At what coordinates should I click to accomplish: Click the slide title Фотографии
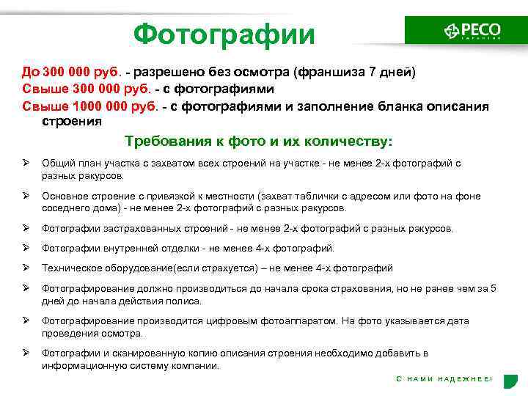(224, 34)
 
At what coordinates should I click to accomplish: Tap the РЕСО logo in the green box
(472, 31)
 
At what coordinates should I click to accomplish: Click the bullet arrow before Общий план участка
(26, 163)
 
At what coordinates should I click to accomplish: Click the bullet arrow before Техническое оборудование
(26, 268)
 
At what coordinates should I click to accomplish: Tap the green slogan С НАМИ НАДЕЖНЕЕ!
(444, 378)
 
